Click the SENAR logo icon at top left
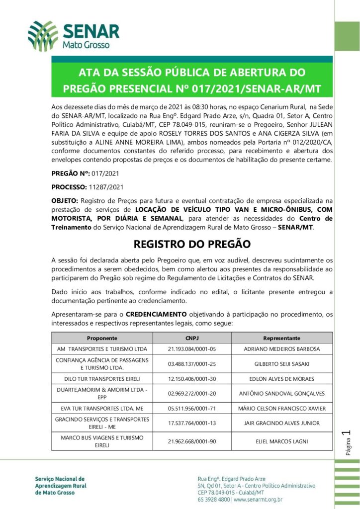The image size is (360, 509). [43, 36]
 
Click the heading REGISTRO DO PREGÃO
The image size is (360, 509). [192, 244]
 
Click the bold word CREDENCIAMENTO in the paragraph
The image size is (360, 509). [156, 314]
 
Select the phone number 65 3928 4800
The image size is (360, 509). [213, 500]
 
